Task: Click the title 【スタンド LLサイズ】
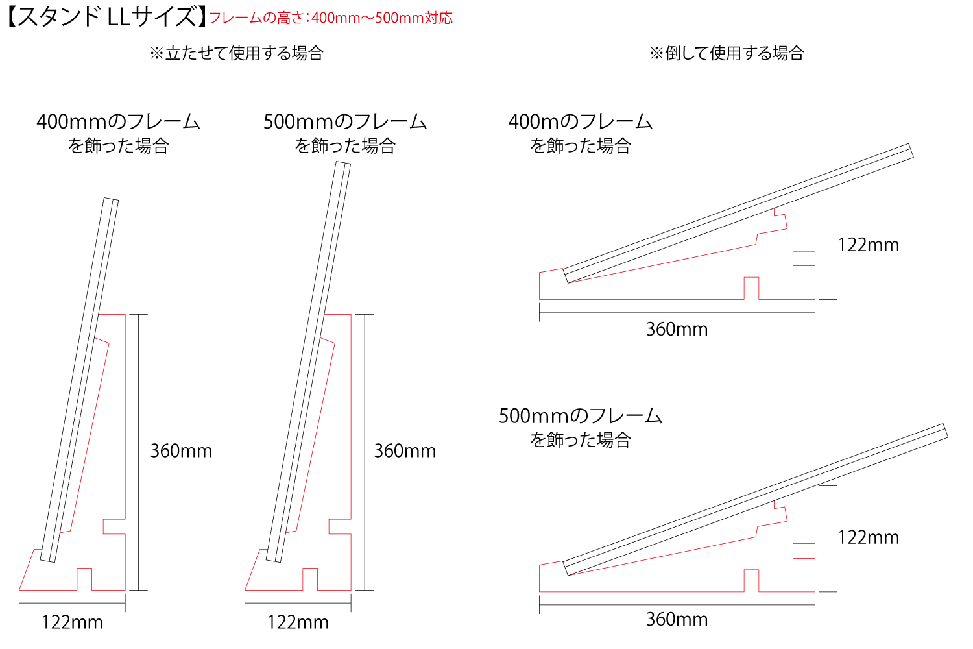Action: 107,18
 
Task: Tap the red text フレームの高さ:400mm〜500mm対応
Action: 331,18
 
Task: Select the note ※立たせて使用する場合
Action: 237,53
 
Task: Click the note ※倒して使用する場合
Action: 727,53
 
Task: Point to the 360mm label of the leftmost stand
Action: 181,451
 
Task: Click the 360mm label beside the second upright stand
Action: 405,451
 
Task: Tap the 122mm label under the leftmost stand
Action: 72,622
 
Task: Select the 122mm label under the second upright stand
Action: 298,622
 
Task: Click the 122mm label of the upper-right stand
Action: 869,245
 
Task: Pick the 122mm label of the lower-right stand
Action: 869,537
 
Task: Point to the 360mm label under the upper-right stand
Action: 677,329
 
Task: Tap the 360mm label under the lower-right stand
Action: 677,619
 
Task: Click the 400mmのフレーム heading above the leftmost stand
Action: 118,121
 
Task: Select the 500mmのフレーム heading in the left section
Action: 345,121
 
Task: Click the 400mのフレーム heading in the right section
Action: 581,121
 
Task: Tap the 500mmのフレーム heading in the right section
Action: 581,416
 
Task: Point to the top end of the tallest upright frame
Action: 343,163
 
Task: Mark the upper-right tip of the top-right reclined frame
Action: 909,144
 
